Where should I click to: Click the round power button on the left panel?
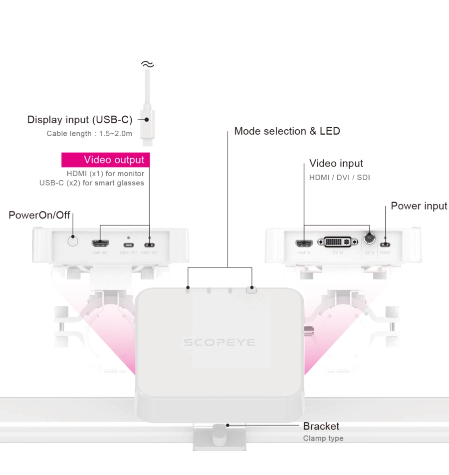pyautogui.click(x=73, y=241)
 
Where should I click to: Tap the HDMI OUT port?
pyautogui.click(x=100, y=244)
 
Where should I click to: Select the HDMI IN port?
pyautogui.click(x=304, y=244)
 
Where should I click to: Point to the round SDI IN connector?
pyautogui.click(x=369, y=238)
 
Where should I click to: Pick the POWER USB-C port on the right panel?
pyautogui.click(x=385, y=244)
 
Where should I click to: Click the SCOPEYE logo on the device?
pyautogui.click(x=220, y=342)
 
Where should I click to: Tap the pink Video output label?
pyautogui.click(x=106, y=160)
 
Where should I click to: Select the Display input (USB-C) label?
pyautogui.click(x=80, y=120)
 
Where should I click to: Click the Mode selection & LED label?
pyautogui.click(x=287, y=131)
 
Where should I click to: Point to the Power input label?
pyautogui.click(x=419, y=206)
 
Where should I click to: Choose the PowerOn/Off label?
pyautogui.click(x=39, y=215)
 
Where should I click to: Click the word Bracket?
pyautogui.click(x=321, y=426)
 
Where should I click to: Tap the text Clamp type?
pyautogui.click(x=323, y=439)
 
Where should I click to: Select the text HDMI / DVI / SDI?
pyautogui.click(x=340, y=177)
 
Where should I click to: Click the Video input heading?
pyautogui.click(x=336, y=163)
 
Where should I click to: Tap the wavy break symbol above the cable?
pyautogui.click(x=147, y=64)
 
